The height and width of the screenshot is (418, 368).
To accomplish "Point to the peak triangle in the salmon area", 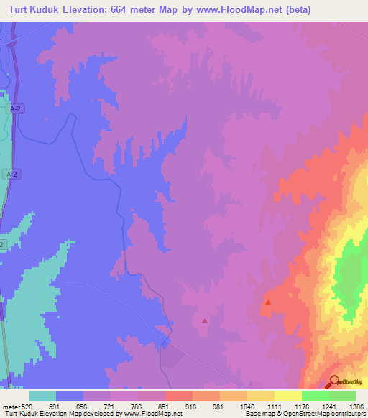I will click(268, 302).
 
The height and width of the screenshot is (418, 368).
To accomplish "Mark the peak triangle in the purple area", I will click(205, 321).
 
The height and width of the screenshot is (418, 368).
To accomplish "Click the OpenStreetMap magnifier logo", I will click(333, 381).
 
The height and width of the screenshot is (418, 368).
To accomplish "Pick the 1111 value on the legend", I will click(275, 406).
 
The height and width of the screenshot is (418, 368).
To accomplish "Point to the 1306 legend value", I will click(356, 406).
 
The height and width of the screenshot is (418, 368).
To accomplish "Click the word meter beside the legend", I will click(10, 406).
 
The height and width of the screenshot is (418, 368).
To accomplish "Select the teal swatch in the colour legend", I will click(42, 396).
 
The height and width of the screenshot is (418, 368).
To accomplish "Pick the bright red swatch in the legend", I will click(179, 396).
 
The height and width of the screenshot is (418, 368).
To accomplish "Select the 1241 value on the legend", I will click(329, 406).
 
